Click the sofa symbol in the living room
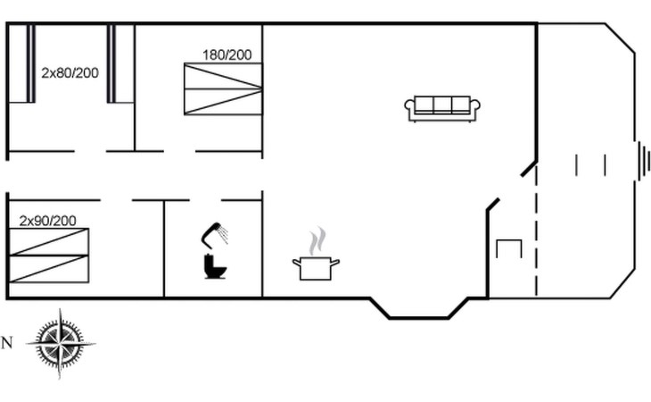442,109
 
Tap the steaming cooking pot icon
316,254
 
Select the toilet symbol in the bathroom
215,266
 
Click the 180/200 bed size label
227,54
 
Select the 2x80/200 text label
70,72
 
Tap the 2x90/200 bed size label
48,221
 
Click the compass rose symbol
61,343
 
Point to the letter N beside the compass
7,343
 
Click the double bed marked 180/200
223,89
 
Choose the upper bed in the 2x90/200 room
49,241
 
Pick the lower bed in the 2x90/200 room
49,269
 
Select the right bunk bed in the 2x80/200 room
120,63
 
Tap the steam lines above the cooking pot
317,240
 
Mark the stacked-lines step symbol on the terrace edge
644,161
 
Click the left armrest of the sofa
410,109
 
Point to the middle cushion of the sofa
442,105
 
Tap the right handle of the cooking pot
335,263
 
